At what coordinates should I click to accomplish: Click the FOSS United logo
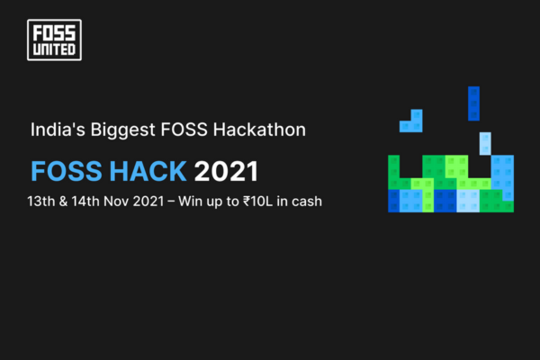pyautogui.click(x=54, y=40)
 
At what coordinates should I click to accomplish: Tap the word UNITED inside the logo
pyautogui.click(x=54, y=49)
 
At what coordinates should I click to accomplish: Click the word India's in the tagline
pyautogui.click(x=58, y=130)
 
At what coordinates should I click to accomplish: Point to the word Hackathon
pyautogui.click(x=259, y=130)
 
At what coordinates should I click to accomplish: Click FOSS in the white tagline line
pyautogui.click(x=184, y=130)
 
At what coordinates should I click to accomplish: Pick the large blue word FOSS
pyautogui.click(x=67, y=171)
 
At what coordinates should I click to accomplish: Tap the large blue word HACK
pyautogui.click(x=148, y=171)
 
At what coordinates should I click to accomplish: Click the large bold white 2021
pyautogui.click(x=226, y=171)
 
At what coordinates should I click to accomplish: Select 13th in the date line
pyautogui.click(x=41, y=202)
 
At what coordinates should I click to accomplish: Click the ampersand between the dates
pyautogui.click(x=63, y=202)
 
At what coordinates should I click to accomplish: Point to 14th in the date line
pyautogui.click(x=85, y=202)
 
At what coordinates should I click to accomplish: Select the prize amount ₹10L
pyautogui.click(x=257, y=202)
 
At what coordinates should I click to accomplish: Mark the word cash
pyautogui.click(x=307, y=202)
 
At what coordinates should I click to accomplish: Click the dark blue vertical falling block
pyautogui.click(x=473, y=103)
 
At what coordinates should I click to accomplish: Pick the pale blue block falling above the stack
pyautogui.click(x=485, y=144)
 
